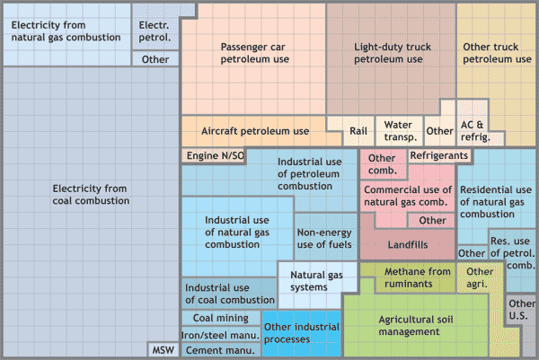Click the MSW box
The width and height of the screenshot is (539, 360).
(163, 350)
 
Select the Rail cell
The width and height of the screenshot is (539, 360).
(358, 131)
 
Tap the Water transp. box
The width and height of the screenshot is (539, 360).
(400, 131)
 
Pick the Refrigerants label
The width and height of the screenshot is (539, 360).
(439, 155)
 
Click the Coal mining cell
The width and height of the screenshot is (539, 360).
(221, 318)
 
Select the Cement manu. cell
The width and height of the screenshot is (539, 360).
(221, 350)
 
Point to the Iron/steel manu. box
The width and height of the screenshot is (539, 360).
(221, 335)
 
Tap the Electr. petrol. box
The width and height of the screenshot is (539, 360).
(155, 31)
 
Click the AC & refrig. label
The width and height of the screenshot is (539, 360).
(475, 131)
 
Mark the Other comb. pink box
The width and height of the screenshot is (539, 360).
(383, 164)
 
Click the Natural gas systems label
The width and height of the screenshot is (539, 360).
(316, 281)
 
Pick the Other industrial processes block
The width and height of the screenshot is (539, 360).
(302, 334)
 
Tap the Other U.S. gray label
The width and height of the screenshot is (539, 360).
(521, 310)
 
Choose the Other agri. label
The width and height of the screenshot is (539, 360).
(480, 277)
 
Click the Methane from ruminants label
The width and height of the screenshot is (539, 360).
(418, 277)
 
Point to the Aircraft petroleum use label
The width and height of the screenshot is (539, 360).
(255, 131)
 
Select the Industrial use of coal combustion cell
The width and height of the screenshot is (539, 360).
(230, 294)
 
